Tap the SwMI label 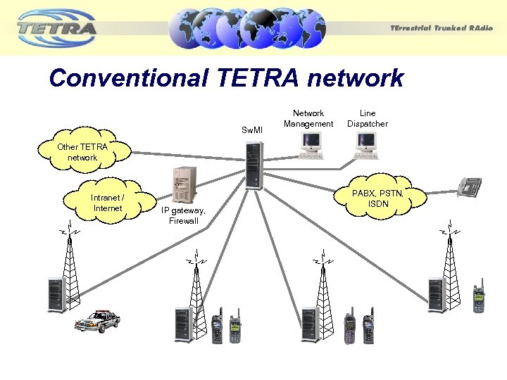click(251, 130)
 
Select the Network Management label click(308, 118)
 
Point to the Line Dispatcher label click(368, 118)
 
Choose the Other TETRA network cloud click(84, 151)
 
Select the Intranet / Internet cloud click(108, 203)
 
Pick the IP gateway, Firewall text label click(183, 215)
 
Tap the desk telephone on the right click(468, 186)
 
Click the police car click(96, 321)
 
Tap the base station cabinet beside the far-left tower click(56, 294)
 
